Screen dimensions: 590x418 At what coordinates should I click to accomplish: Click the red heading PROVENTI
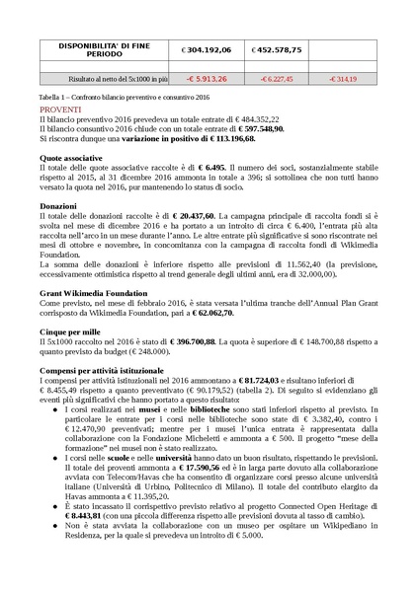click(61, 109)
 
